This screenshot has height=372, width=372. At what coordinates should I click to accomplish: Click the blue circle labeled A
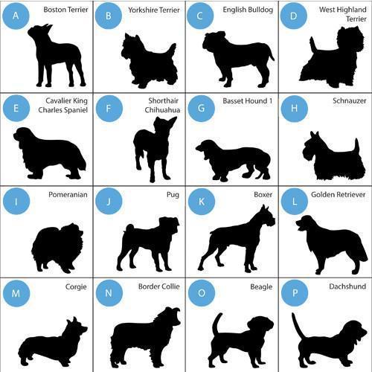click(16, 16)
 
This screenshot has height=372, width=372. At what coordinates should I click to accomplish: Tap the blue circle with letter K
click(202, 202)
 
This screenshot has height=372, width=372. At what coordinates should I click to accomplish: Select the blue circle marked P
click(295, 293)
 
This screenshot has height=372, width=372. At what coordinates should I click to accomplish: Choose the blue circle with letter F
click(109, 109)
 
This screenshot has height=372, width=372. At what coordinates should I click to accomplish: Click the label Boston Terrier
click(65, 10)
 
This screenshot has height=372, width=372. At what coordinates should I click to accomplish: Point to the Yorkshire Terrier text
click(154, 10)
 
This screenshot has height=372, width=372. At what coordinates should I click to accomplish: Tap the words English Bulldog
click(248, 10)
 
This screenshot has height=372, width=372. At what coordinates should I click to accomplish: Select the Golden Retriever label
click(339, 194)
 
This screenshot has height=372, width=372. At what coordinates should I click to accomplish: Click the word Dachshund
click(347, 286)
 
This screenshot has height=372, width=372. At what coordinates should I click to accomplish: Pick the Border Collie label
click(159, 286)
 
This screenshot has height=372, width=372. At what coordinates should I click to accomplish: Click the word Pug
click(173, 195)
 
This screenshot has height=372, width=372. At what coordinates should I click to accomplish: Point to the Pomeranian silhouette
click(57, 248)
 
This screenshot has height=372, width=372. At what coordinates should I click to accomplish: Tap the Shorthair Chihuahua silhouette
click(155, 149)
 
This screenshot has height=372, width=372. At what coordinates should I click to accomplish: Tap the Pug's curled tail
click(129, 228)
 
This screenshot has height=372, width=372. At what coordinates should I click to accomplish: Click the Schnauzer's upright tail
click(356, 146)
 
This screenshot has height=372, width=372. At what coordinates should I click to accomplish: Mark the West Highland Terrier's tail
click(313, 45)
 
